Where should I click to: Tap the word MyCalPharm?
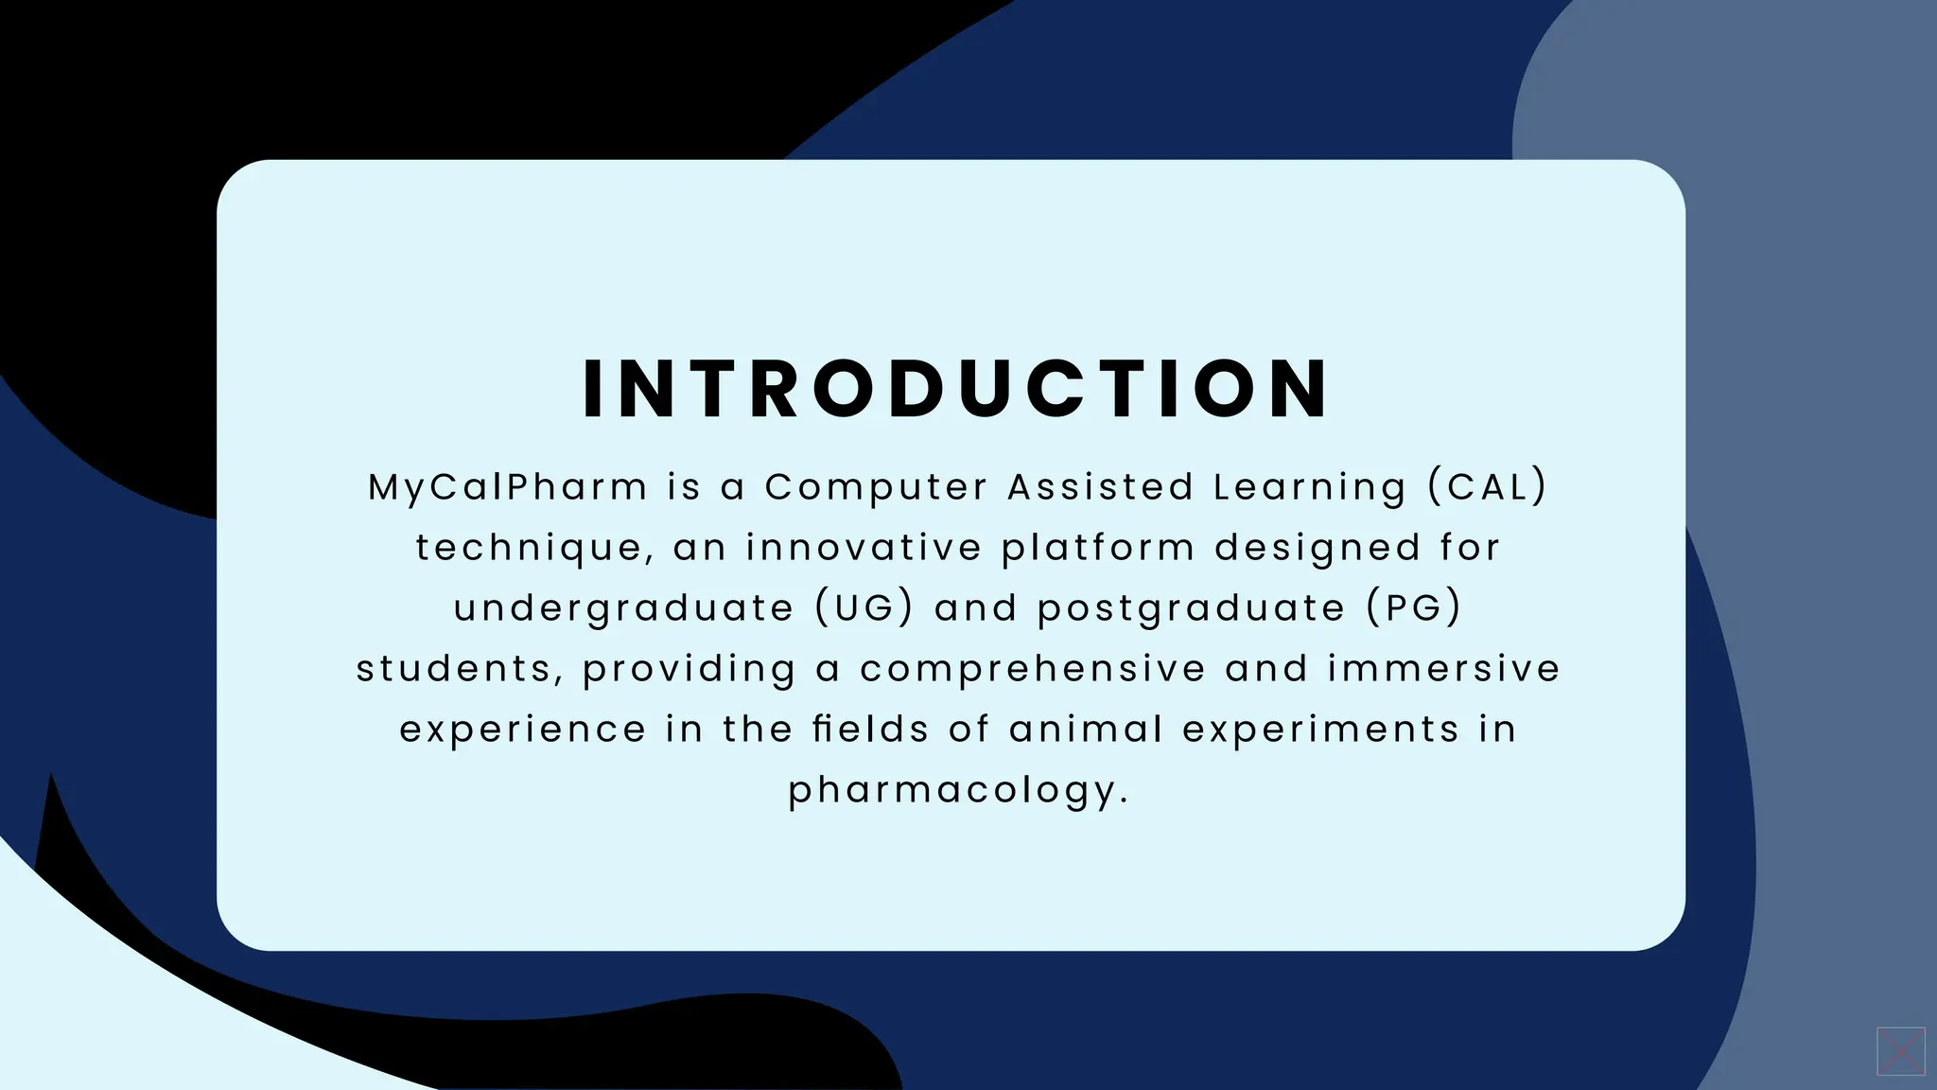point(508,487)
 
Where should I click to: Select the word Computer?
point(876,487)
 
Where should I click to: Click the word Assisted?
point(1100,487)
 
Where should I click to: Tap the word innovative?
point(864,548)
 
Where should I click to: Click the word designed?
point(1318,549)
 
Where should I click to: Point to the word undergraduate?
point(624,609)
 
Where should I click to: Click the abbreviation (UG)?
point(864,608)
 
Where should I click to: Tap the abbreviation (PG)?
point(1414,608)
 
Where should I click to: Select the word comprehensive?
point(1033,670)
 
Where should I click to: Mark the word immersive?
point(1443,669)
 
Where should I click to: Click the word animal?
point(1086,730)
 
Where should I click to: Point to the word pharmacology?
point(958,791)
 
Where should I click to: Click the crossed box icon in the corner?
point(1901,1051)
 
